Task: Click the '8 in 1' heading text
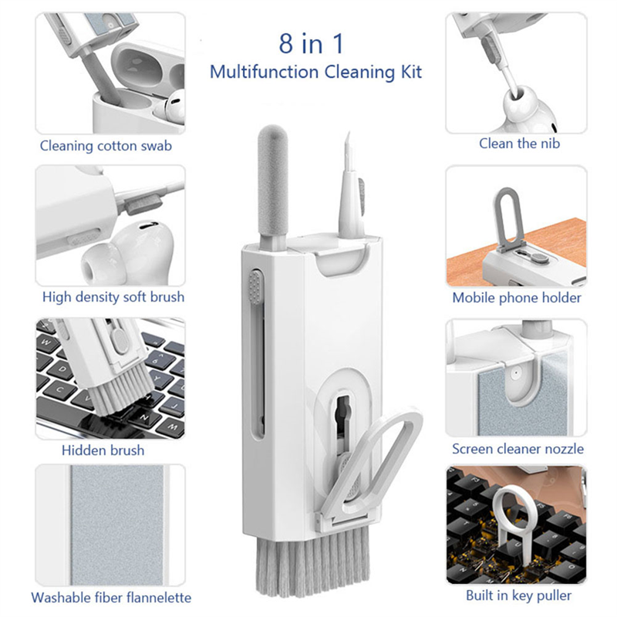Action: coord(312,44)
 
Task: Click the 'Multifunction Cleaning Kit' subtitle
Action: coord(316,73)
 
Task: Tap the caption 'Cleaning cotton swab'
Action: coord(106,145)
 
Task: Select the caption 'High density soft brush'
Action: coord(113,297)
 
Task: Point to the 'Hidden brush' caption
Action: coord(103,449)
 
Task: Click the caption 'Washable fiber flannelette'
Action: coord(111,597)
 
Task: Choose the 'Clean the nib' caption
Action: coord(519,143)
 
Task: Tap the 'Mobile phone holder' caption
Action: coord(517,298)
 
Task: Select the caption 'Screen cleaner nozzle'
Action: coord(518,448)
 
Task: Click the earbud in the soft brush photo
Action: coord(116,255)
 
